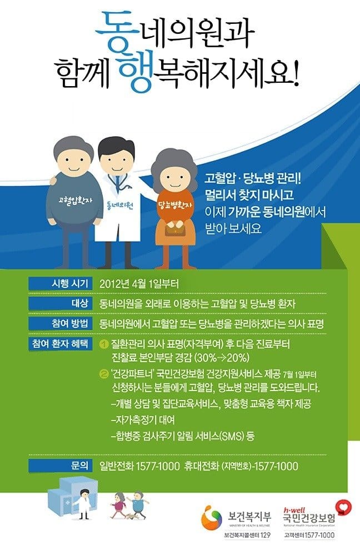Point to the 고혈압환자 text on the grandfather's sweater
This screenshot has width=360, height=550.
pyautogui.click(x=76, y=201)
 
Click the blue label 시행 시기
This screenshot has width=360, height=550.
pyautogui.click(x=61, y=283)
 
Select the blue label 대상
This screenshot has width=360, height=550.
pyautogui.click(x=61, y=303)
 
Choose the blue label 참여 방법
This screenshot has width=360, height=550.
pyautogui.click(x=61, y=323)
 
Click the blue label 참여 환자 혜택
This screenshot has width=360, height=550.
pyautogui.click(x=61, y=343)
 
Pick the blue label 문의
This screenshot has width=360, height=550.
pyautogui.click(x=61, y=466)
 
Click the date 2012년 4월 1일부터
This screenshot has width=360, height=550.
pyautogui.click(x=139, y=284)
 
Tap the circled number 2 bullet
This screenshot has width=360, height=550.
pyautogui.click(x=104, y=375)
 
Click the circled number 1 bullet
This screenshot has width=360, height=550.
pyautogui.click(x=104, y=344)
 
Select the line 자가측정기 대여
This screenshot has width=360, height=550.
pyautogui.click(x=143, y=420)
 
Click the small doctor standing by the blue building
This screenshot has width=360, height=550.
pyautogui.click(x=83, y=504)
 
